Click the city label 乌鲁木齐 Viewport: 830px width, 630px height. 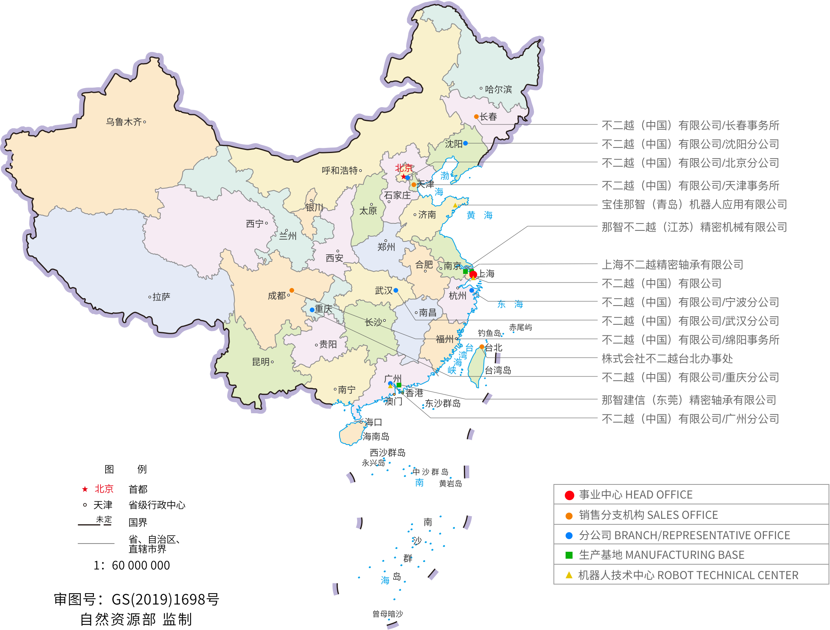click(x=124, y=122)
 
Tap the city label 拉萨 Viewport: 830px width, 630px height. click(x=161, y=297)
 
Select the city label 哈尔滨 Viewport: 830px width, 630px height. click(x=498, y=89)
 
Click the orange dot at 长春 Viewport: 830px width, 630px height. click(x=476, y=117)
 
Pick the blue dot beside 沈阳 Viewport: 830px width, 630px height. click(x=465, y=143)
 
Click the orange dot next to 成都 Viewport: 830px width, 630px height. click(x=292, y=290)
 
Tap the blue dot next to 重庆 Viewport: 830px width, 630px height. click(x=312, y=310)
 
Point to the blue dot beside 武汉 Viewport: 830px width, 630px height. click(x=396, y=290)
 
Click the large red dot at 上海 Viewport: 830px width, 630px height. click(x=473, y=274)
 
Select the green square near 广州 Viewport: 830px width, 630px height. click(x=399, y=385)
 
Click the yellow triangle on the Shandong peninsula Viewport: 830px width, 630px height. click(x=455, y=205)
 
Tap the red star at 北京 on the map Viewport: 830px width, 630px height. click(x=403, y=177)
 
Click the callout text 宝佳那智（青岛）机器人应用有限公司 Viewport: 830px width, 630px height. click(x=694, y=204)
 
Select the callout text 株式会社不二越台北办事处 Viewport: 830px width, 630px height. click(x=667, y=358)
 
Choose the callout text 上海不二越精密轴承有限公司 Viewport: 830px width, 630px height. click(x=672, y=265)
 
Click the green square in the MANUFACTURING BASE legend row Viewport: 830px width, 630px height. click(x=569, y=555)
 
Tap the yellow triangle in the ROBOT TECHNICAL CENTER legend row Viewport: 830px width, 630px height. click(x=569, y=575)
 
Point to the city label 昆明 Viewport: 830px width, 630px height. click(x=260, y=362)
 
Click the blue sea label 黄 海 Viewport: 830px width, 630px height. click(x=480, y=215)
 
